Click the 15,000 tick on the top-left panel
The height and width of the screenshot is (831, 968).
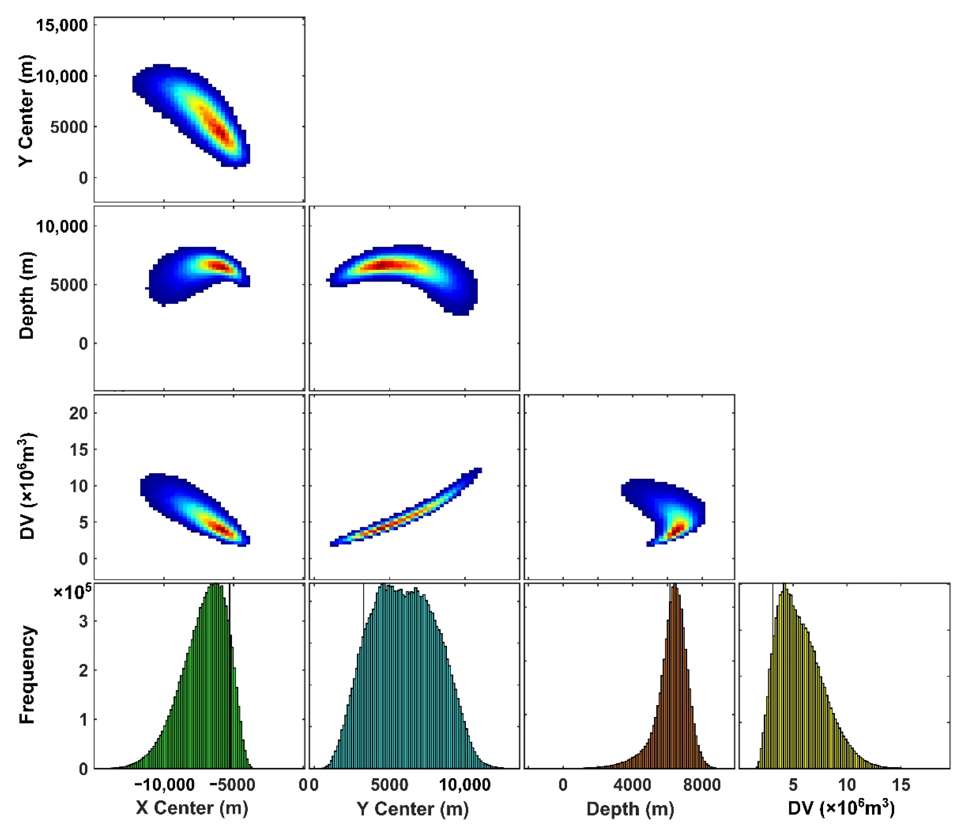click(62, 25)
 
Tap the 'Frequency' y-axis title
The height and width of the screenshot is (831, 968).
click(27, 674)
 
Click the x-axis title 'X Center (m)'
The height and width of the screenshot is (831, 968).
click(192, 807)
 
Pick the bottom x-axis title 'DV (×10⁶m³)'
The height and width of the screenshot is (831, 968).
click(841, 807)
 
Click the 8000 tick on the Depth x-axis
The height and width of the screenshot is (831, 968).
click(702, 784)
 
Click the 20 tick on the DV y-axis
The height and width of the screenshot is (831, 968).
click(79, 413)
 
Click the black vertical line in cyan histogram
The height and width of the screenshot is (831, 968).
click(364, 608)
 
